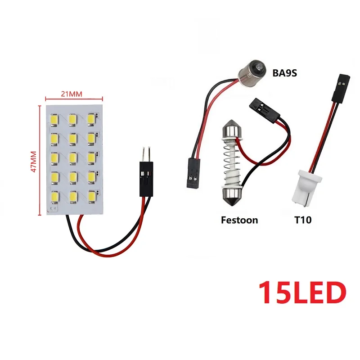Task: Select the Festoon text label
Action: pos(239,220)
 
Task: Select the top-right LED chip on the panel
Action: pos(91,118)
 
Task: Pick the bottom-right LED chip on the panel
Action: pos(91,197)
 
